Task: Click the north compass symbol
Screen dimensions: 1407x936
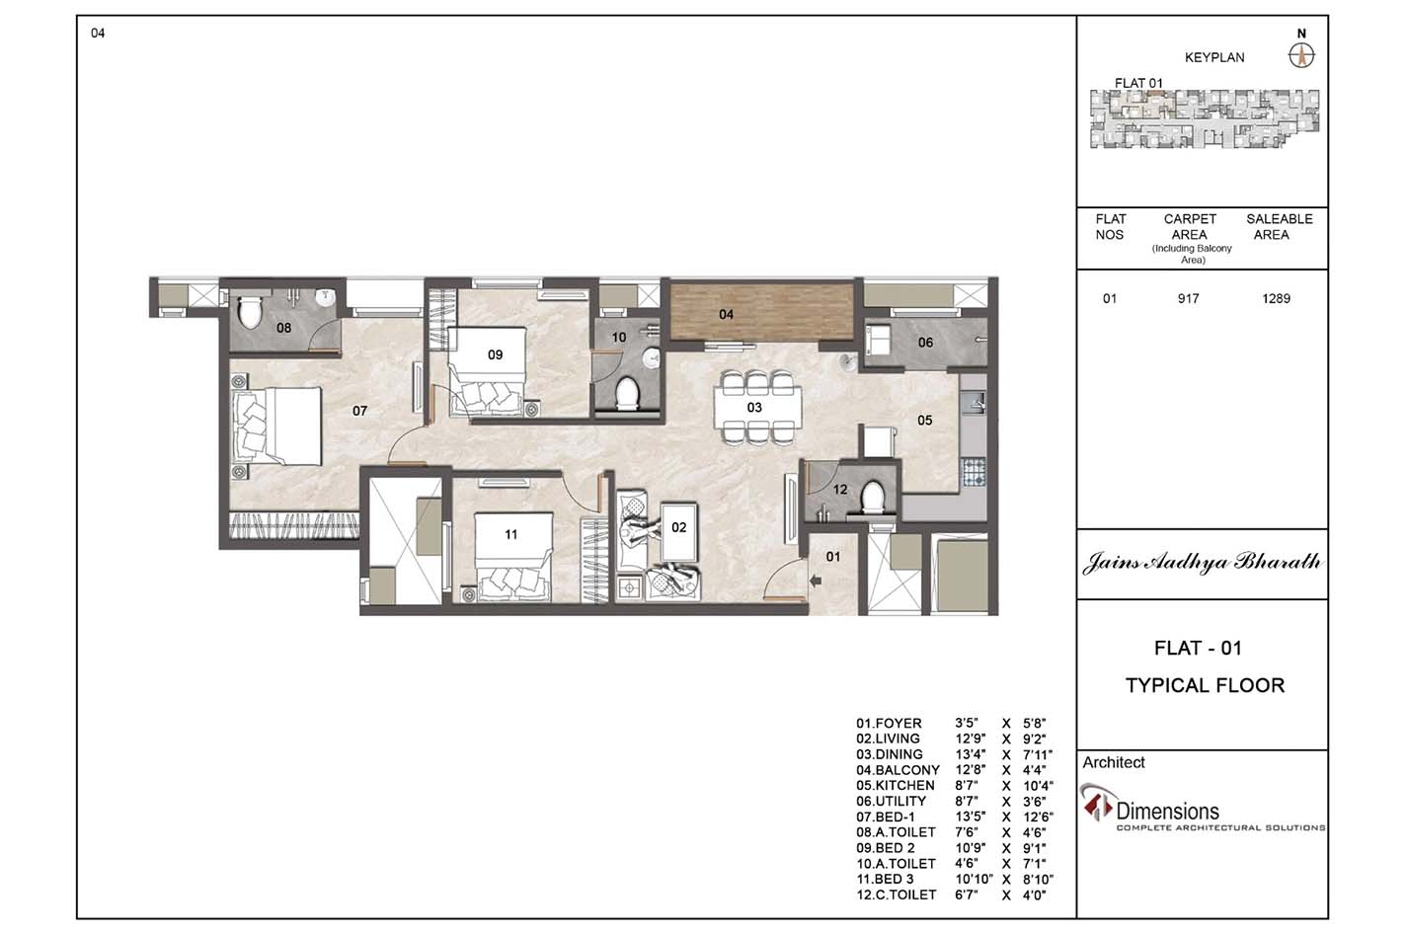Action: (x=1301, y=56)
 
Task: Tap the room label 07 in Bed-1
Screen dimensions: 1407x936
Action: (x=359, y=411)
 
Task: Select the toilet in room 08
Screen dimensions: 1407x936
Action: (x=250, y=312)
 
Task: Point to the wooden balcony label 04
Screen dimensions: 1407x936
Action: (x=726, y=314)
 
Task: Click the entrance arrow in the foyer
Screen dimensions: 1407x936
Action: (x=816, y=582)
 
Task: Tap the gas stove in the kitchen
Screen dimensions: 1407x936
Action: (x=973, y=472)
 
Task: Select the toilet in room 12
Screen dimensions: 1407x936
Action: (x=872, y=498)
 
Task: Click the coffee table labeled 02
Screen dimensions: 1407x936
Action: (x=679, y=531)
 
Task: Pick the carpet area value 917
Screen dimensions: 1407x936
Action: (x=1189, y=299)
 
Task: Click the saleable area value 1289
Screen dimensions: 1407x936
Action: (x=1276, y=299)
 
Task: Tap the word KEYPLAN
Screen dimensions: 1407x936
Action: (x=1214, y=58)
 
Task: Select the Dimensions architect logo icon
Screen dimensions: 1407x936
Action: (x=1096, y=802)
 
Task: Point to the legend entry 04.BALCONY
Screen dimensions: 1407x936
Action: (x=898, y=770)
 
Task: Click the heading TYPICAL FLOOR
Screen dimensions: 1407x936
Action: (x=1205, y=685)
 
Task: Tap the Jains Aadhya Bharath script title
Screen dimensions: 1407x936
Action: (x=1202, y=562)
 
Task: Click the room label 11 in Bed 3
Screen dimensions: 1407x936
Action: (x=510, y=534)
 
